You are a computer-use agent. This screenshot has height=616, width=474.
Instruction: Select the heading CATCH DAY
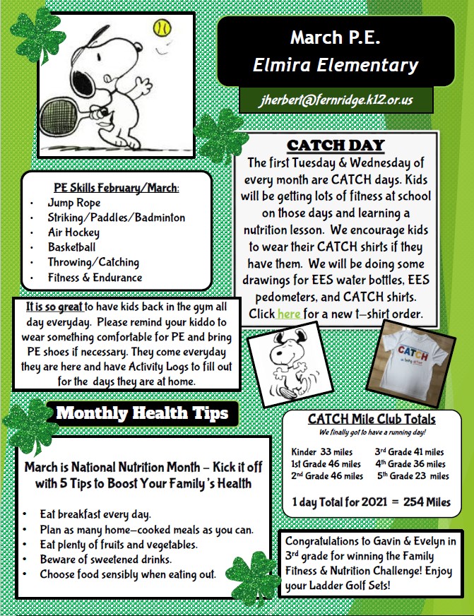pyautogui.click(x=336, y=146)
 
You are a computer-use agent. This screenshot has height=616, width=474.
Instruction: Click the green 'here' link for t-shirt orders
pyautogui.click(x=288, y=313)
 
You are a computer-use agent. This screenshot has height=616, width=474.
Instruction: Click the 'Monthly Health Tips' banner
pyautogui.click(x=141, y=413)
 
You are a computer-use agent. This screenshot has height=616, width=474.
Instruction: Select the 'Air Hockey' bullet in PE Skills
pyautogui.click(x=73, y=232)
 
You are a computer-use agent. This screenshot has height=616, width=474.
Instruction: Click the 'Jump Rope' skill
pyautogui.click(x=74, y=203)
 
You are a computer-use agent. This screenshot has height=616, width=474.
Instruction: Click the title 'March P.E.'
pyautogui.click(x=335, y=37)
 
